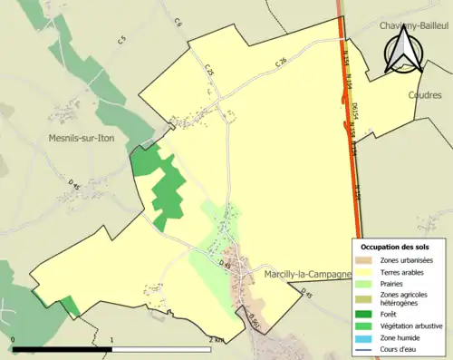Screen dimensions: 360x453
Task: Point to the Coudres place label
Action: pyautogui.click(x=424, y=93)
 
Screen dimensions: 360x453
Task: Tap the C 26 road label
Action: pyautogui.click(x=282, y=62)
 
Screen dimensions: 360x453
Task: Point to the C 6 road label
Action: pyautogui.click(x=178, y=22)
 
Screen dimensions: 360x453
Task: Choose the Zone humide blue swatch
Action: pyautogui.click(x=366, y=336)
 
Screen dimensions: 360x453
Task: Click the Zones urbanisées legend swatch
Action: pyautogui.click(x=366, y=261)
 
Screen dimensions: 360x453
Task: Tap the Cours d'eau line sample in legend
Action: pyautogui.click(x=366, y=347)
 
